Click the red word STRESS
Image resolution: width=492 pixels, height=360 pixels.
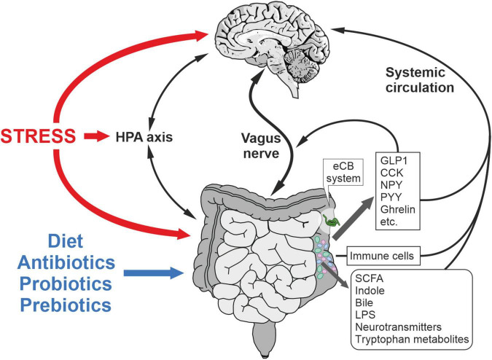(39, 136)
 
